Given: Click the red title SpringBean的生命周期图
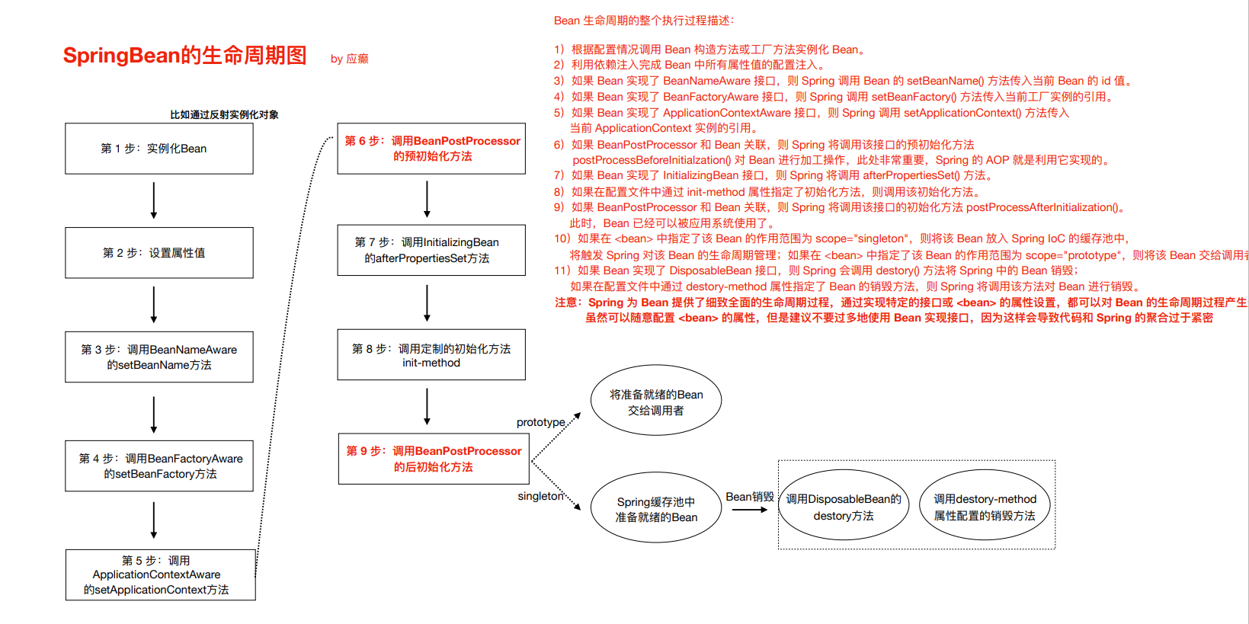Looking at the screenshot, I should pyautogui.click(x=184, y=56).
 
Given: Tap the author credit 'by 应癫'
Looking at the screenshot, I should pyautogui.click(x=349, y=59).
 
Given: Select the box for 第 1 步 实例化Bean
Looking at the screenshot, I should pyautogui.click(x=159, y=149).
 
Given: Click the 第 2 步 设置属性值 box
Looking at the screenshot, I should pyautogui.click(x=159, y=252).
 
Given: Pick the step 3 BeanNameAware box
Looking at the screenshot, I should pyautogui.click(x=159, y=357).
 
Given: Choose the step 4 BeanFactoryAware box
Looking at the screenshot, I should pyautogui.click(x=159, y=466).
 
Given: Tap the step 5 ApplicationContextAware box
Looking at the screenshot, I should pyautogui.click(x=160, y=574).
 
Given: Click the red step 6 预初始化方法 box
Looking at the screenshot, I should pyautogui.click(x=431, y=149).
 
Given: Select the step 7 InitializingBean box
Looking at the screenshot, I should pyautogui.click(x=431, y=250).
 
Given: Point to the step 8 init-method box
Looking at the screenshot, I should pyautogui.click(x=431, y=355).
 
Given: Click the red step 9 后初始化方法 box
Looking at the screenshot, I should pyautogui.click(x=434, y=459).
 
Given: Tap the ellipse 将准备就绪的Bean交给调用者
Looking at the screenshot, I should pyautogui.click(x=656, y=402).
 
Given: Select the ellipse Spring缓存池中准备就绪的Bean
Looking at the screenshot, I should pyautogui.click(x=656, y=509).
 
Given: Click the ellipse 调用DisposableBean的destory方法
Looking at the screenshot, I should pyautogui.click(x=844, y=507).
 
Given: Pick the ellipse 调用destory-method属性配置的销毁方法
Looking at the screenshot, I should pyautogui.click(x=985, y=507).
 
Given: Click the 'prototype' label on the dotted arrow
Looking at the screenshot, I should pyautogui.click(x=540, y=422).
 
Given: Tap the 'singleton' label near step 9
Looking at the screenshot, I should pyautogui.click(x=540, y=496).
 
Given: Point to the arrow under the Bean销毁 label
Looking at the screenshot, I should pyautogui.click(x=750, y=510).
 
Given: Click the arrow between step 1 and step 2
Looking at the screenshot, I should pyautogui.click(x=154, y=200).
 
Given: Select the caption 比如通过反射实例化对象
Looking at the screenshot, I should pyautogui.click(x=224, y=115).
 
